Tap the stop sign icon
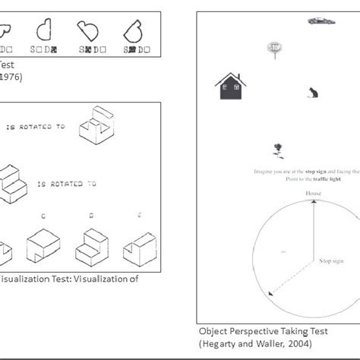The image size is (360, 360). [x=273, y=49]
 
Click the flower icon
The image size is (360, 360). [x=279, y=150]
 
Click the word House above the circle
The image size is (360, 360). [x=314, y=194]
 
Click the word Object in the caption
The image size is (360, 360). [x=215, y=332]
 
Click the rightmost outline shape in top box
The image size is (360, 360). [x=137, y=30]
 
